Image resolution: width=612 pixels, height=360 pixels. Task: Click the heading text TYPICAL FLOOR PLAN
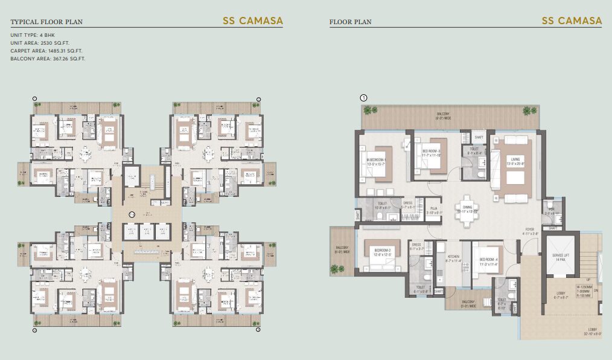[46, 22]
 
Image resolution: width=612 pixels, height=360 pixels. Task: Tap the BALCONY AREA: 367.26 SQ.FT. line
[48, 59]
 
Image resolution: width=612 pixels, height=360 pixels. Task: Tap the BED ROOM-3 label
[431, 152]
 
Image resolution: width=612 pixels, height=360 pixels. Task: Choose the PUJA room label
[433, 210]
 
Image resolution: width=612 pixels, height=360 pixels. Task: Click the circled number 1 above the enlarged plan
[363, 97]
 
